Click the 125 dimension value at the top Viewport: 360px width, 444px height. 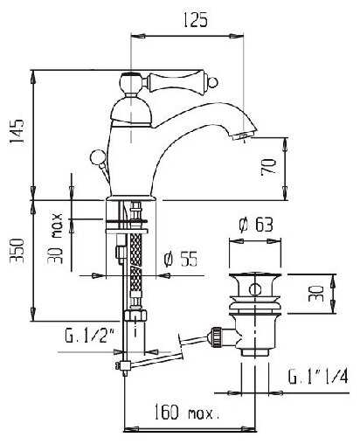point(195,20)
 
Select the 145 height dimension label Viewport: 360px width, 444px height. point(17,131)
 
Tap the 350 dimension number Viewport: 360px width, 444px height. point(17,251)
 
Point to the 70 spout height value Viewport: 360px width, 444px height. point(268,167)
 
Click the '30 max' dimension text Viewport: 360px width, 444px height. point(55,239)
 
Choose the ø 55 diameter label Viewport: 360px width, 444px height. point(180,259)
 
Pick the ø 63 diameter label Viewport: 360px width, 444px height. point(256,225)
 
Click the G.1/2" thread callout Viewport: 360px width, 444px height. point(89,336)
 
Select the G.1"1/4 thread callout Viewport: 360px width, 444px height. point(318,377)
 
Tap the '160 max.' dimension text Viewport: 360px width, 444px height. point(186,412)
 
